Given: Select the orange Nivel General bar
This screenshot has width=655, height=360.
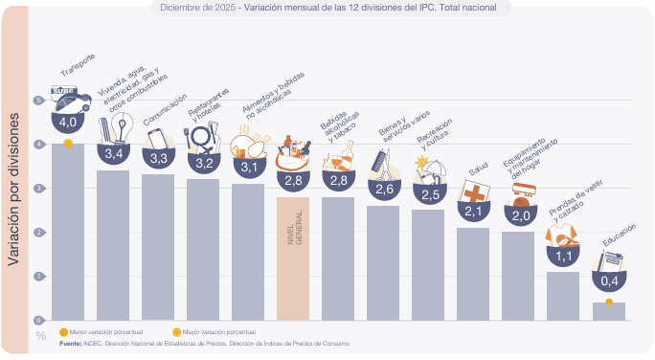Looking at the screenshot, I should click(x=293, y=259).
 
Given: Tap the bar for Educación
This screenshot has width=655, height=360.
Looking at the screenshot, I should click(x=608, y=311).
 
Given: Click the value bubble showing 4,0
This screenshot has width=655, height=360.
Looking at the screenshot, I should click(x=68, y=122).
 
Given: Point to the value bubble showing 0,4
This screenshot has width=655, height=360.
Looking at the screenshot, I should click(x=609, y=280).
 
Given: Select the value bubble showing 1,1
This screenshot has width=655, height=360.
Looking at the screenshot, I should click(x=563, y=256).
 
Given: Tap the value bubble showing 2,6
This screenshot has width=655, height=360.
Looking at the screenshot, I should click(x=383, y=189).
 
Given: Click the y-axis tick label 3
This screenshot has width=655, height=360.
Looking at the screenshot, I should click(x=39, y=189).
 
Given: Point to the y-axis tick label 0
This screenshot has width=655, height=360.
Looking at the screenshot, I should click(x=39, y=321).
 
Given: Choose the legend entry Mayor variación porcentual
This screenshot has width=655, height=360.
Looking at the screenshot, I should click(x=211, y=330).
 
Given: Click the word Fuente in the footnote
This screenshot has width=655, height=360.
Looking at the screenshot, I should click(x=71, y=342).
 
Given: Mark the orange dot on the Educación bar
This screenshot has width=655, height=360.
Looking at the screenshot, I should click(x=609, y=303).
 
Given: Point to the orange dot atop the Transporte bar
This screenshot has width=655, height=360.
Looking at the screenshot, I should click(x=68, y=144).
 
